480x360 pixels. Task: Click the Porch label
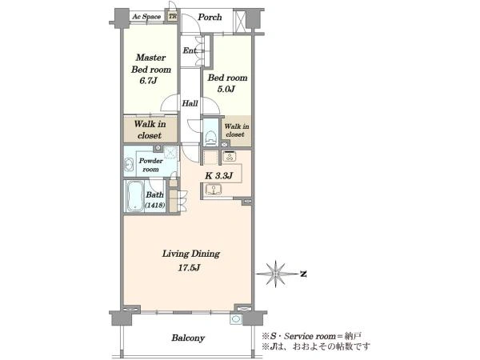tap(210, 17)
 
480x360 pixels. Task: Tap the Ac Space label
tap(146, 17)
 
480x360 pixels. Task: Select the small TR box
tap(173, 16)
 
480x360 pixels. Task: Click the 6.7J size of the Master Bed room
tap(149, 81)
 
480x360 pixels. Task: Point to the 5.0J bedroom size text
tap(226, 89)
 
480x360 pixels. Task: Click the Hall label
tap(190, 103)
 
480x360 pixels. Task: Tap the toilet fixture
tap(211, 137)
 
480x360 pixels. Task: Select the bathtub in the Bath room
tap(134, 196)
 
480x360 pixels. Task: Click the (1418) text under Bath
tap(155, 206)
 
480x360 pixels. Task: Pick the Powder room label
tap(151, 165)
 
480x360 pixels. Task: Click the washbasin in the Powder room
tap(129, 165)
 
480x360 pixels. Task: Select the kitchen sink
tap(214, 190)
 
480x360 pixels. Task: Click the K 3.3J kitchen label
tap(219, 176)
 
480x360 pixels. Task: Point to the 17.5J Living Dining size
tap(189, 268)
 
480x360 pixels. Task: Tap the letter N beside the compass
tap(303, 274)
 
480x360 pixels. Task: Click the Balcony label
tap(188, 338)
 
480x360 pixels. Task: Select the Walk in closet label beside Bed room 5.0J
tap(236, 130)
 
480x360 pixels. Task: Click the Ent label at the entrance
tap(190, 50)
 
